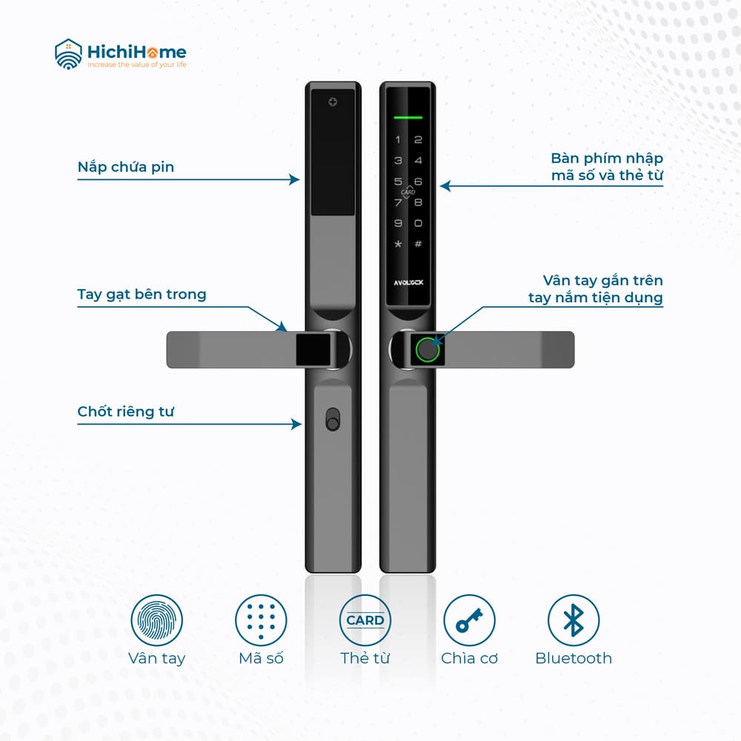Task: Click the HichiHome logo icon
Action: tap(68, 54)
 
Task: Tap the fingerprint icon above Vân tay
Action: tap(157, 620)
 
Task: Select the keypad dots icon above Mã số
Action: tap(261, 620)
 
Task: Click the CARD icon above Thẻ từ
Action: tap(365, 620)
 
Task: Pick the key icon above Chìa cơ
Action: tap(469, 620)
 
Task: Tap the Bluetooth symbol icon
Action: tap(574, 620)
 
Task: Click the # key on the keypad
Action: tap(418, 244)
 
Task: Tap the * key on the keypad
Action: tap(399, 244)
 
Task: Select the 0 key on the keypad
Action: tap(418, 223)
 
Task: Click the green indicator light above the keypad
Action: tap(408, 117)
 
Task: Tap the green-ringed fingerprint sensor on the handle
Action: tap(428, 350)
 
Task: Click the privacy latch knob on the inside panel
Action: tap(333, 419)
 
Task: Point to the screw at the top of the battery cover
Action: tap(333, 102)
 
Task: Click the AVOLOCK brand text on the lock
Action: tap(409, 282)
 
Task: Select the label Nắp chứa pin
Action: tap(126, 167)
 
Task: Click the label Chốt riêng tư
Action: tap(126, 411)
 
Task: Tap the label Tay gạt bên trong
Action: tap(142, 294)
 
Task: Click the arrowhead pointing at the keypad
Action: tap(445, 186)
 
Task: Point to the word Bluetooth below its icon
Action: tap(574, 658)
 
